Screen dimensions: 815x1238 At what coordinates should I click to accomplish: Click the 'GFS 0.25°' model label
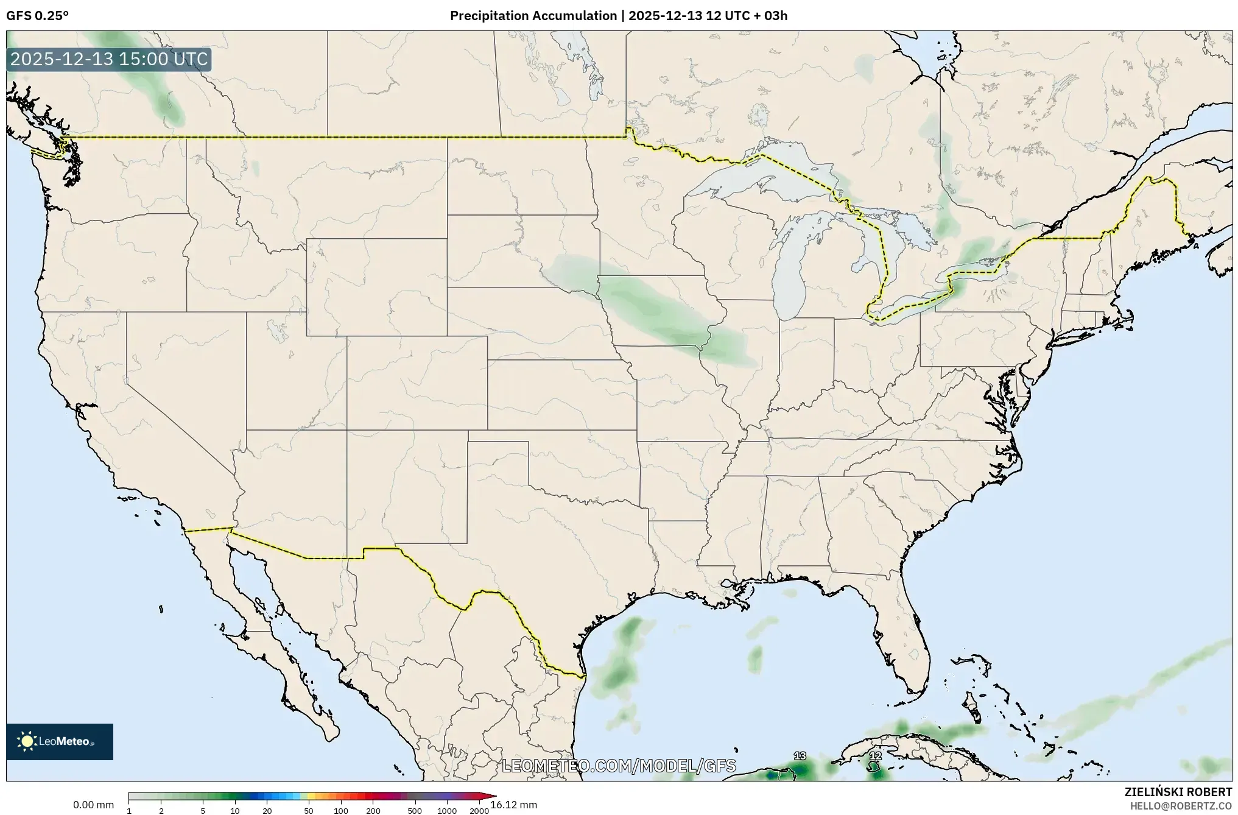click(37, 16)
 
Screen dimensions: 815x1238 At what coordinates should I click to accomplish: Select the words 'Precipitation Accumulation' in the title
click(533, 16)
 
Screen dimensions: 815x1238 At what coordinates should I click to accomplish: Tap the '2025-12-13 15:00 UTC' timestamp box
click(109, 60)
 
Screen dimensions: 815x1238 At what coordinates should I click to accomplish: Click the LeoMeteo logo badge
click(60, 741)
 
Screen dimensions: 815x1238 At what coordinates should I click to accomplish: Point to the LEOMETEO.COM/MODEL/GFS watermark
click(619, 766)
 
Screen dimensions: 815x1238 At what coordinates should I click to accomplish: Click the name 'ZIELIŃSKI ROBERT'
click(1178, 792)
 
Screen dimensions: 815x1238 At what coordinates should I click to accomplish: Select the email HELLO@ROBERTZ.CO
click(1181, 806)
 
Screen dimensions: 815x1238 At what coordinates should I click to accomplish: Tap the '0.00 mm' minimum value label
click(93, 805)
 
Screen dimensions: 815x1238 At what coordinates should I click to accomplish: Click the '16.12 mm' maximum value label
click(513, 805)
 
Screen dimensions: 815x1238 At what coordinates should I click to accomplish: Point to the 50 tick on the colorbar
click(309, 811)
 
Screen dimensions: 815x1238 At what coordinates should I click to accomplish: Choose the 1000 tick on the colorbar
click(447, 811)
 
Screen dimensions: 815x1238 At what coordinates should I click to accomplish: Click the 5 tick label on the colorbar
click(203, 811)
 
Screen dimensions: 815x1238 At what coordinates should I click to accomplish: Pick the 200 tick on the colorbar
click(373, 811)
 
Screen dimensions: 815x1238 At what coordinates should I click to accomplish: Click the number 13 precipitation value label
click(800, 756)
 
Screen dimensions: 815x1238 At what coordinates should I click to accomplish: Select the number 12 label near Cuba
click(875, 756)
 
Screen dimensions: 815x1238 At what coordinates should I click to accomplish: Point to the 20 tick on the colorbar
click(267, 811)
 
